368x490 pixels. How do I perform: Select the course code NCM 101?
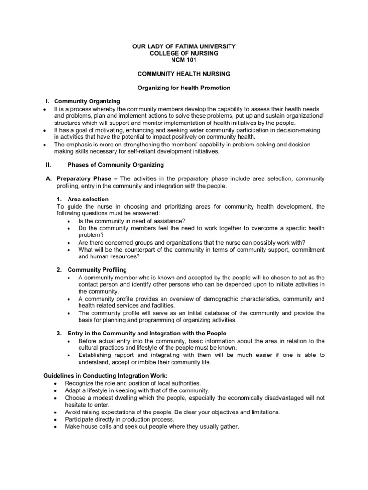click(184, 60)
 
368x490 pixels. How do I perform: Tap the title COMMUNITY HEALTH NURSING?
click(184, 74)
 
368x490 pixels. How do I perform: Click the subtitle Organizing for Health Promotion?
click(184, 88)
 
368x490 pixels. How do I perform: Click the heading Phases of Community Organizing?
click(115, 165)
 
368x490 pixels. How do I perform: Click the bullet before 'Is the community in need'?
click(70, 221)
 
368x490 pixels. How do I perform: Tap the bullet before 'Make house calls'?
click(56, 426)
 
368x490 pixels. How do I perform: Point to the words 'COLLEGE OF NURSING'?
click(184, 53)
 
